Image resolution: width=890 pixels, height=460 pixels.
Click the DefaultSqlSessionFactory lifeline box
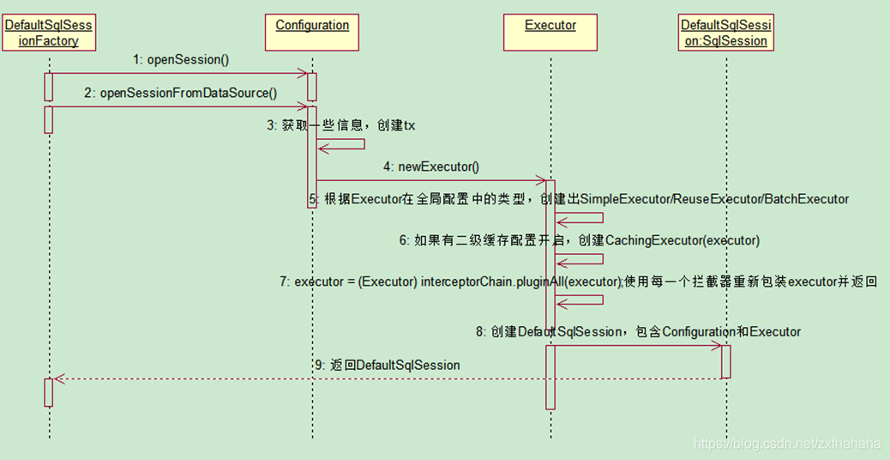pyautogui.click(x=49, y=33)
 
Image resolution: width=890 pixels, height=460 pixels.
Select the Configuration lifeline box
pyautogui.click(x=312, y=33)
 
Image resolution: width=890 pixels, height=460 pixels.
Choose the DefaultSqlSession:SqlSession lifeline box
pyautogui.click(x=725, y=33)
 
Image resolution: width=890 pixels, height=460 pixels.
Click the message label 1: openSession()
pyautogui.click(x=181, y=60)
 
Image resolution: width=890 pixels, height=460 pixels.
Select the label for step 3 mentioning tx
pyautogui.click(x=341, y=125)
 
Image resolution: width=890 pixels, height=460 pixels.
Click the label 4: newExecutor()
pyautogui.click(x=431, y=166)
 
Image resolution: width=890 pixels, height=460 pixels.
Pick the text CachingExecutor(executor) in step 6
pyautogui.click(x=683, y=240)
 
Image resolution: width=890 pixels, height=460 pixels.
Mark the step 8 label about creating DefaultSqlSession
pyautogui.click(x=639, y=331)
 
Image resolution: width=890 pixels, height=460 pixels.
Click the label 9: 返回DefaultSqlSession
pyautogui.click(x=388, y=365)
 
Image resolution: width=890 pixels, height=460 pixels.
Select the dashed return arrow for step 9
pyautogui.click(x=386, y=378)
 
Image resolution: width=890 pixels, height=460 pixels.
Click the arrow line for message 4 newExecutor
pyautogui.click(x=429, y=180)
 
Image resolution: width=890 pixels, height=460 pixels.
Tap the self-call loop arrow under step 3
pyautogui.click(x=343, y=145)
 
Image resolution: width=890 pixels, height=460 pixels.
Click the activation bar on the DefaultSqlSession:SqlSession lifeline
pyautogui.click(x=725, y=360)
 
